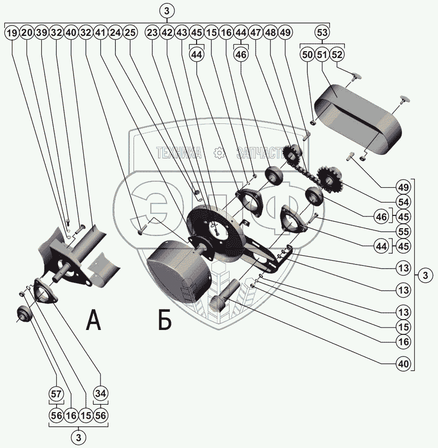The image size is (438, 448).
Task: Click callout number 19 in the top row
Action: [12, 33]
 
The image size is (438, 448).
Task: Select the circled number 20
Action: [27, 33]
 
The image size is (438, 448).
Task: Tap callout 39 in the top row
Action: [42, 33]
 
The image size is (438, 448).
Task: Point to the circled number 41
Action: [101, 33]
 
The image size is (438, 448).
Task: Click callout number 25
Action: [131, 33]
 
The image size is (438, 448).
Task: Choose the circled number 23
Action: [152, 33]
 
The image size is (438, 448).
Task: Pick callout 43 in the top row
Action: [182, 33]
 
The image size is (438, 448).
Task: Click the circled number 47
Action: [256, 33]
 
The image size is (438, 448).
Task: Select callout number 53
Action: [322, 33]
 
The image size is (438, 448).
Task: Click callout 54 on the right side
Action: [404, 202]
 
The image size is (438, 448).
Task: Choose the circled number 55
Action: [404, 231]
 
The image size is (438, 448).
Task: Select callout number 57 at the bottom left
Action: [57, 393]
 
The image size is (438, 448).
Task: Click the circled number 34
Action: [101, 393]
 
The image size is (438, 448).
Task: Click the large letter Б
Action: [165, 320]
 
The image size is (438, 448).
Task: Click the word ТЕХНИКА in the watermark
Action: [179, 153]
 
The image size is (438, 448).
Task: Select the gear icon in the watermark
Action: [218, 153]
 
